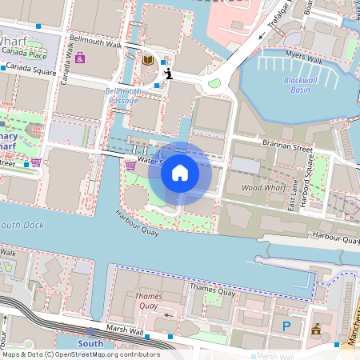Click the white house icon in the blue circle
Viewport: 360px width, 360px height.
point(180,173)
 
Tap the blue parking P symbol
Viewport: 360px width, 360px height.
point(286,326)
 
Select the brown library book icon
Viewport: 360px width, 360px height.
point(147,59)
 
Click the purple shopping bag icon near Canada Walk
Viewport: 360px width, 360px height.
point(80,58)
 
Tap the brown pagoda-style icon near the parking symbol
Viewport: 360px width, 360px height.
point(316,328)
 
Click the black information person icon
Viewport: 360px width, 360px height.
point(168,74)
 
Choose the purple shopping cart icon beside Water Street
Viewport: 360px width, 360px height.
point(130,166)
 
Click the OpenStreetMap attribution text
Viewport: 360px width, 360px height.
point(81,354)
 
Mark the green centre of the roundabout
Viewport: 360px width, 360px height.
point(214,82)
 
